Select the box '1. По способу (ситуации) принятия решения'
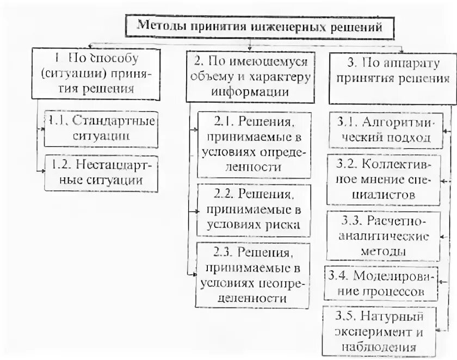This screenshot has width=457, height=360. coord(96,73)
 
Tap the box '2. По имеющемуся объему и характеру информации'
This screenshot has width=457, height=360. coord(250,76)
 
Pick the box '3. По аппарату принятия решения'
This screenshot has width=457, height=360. coord(392,76)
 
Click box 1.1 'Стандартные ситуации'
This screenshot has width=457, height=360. coord(101,128)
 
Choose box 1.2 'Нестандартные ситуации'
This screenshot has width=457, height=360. coord(101,172)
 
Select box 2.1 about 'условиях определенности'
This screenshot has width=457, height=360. coord(254,145)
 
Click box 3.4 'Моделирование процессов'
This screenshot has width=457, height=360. coord(381,283)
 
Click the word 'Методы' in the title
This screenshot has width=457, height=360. coord(158,26)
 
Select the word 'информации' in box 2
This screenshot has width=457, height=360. coord(251,91)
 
